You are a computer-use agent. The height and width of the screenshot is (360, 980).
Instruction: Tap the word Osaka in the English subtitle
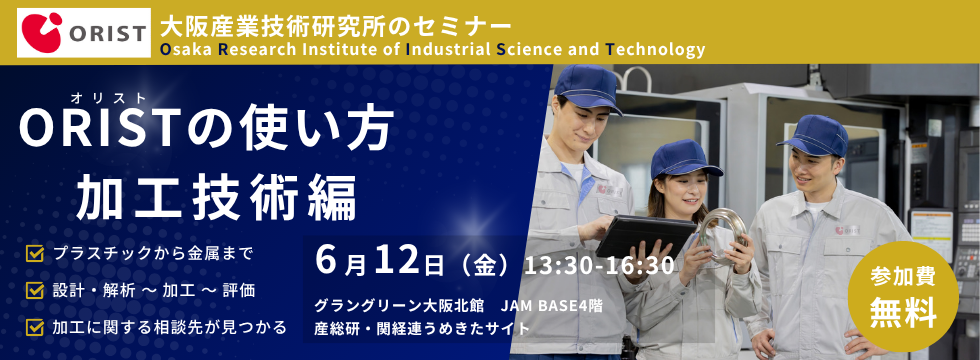pos(186,49)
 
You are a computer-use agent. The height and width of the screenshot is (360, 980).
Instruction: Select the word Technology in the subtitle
pos(656,49)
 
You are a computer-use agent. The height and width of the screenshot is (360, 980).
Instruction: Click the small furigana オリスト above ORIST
pos(108,97)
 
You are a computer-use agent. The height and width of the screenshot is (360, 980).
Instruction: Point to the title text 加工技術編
pos(217,195)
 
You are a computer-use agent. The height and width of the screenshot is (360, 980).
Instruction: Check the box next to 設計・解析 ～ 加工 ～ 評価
pos(35,290)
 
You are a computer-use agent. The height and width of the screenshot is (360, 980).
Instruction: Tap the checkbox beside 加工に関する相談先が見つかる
pos(35,326)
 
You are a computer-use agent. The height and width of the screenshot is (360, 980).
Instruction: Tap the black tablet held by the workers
pos(649,236)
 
